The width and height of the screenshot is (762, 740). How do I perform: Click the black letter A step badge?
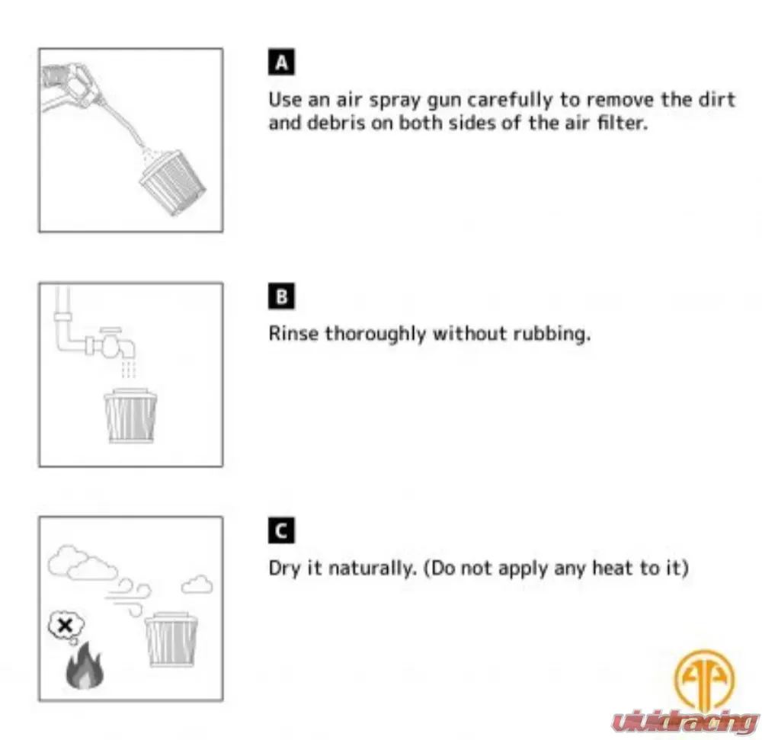pos(281,62)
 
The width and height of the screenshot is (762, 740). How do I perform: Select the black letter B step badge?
pos(281,296)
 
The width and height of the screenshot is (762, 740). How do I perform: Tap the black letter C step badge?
pos(281,530)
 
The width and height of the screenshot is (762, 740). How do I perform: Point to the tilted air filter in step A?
pos(173,183)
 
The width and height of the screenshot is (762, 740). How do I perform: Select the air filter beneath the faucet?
pos(131,415)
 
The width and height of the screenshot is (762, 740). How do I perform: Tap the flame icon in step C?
pos(85,665)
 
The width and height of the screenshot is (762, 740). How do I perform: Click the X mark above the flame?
pos(65,625)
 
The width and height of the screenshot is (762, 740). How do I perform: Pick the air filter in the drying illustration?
pos(171,639)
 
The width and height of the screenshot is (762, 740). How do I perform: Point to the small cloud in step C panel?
pos(197,584)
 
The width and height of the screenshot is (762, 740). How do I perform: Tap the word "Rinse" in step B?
pos(293,333)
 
